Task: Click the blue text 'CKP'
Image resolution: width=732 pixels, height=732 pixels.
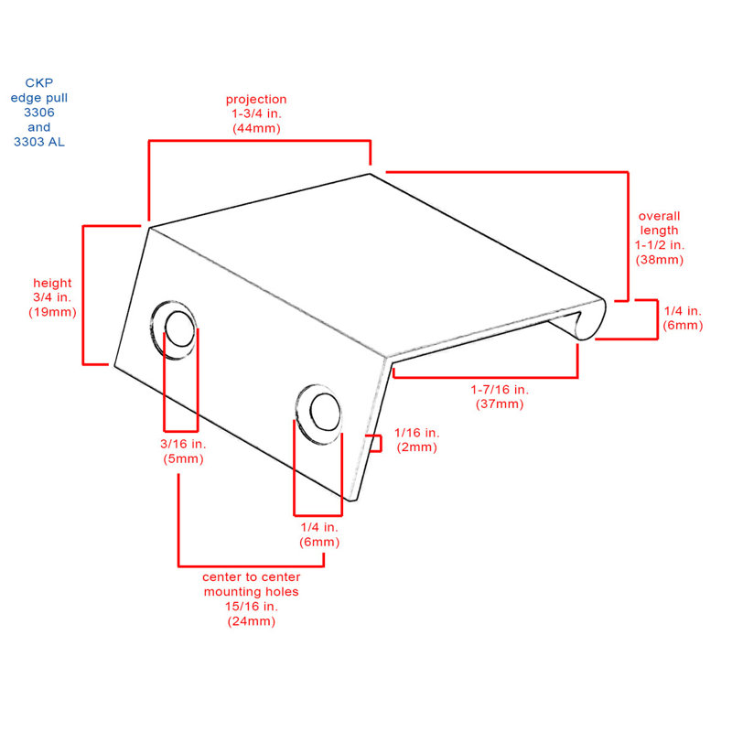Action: point(39,83)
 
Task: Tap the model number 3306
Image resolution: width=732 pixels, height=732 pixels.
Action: point(39,113)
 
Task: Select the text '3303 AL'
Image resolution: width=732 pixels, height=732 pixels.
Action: point(39,142)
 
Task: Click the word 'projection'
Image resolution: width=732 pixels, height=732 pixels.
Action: point(256,100)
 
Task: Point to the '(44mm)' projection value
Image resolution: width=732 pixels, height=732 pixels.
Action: point(256,128)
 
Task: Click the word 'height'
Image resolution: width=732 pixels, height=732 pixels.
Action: point(52,283)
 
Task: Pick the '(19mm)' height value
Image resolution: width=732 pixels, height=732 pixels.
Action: point(52,312)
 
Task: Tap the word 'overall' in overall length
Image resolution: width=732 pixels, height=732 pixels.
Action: point(659,216)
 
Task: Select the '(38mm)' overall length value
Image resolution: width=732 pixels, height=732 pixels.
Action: point(659,260)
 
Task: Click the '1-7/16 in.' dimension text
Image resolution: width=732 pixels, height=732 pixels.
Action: point(500,390)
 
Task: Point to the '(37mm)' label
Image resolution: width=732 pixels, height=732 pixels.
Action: point(500,404)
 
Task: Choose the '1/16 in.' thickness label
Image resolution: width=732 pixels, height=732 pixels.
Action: point(417,433)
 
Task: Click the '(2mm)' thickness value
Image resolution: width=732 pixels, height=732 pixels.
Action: point(417,447)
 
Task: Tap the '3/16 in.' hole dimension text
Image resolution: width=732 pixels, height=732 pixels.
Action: point(183,444)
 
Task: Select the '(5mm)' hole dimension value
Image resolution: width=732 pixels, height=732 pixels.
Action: point(183,459)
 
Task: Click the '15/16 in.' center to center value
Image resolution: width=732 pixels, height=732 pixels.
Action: point(251,607)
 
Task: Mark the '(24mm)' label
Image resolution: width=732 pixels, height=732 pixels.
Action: point(251,621)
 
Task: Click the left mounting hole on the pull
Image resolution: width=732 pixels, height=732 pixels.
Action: point(179,328)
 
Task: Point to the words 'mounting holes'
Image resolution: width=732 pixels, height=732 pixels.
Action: point(251,592)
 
